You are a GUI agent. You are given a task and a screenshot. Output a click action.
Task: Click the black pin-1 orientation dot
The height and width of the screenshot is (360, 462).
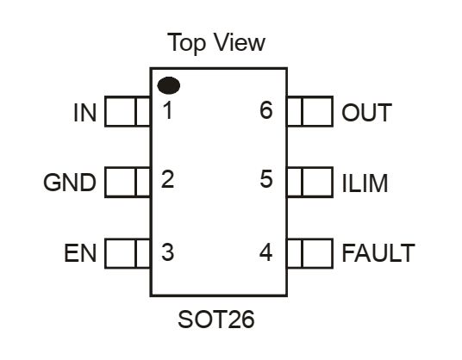[169, 85]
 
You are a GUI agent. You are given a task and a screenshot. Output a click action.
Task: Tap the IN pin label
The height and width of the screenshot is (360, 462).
[84, 113]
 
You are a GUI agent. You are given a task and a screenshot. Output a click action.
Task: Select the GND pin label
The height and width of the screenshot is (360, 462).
[70, 183]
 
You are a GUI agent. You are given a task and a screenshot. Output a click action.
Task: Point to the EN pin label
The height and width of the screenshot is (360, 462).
[80, 253]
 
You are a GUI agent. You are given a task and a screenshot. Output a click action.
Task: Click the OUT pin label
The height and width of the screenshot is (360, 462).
[366, 112]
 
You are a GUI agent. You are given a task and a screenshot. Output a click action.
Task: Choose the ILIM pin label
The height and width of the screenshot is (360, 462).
[365, 183]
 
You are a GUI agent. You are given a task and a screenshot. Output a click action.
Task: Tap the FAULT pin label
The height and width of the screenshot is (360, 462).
[378, 253]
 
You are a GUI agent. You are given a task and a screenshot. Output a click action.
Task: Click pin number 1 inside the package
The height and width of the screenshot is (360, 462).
[168, 110]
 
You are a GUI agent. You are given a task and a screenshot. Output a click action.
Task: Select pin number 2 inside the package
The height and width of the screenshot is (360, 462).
[168, 179]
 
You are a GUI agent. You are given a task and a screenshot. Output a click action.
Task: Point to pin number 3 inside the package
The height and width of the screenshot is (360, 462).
[168, 252]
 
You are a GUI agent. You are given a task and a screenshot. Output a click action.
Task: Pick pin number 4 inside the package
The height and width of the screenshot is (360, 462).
[265, 252]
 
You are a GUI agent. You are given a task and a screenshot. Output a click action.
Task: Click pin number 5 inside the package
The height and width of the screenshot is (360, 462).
[266, 179]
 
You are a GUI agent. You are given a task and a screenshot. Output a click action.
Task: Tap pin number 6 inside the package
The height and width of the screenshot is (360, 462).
[266, 110]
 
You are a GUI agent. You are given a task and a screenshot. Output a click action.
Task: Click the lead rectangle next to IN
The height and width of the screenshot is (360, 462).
[128, 111]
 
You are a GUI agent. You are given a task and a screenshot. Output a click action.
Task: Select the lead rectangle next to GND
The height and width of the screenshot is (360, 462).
[128, 182]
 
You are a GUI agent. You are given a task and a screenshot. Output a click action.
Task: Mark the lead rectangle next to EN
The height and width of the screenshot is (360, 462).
[128, 253]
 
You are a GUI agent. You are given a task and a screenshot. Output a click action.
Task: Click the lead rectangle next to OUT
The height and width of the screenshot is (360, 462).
[310, 111]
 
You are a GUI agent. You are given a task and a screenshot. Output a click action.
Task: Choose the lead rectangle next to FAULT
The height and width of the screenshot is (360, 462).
[310, 253]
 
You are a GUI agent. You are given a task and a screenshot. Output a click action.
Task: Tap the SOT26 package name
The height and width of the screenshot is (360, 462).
[216, 320]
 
